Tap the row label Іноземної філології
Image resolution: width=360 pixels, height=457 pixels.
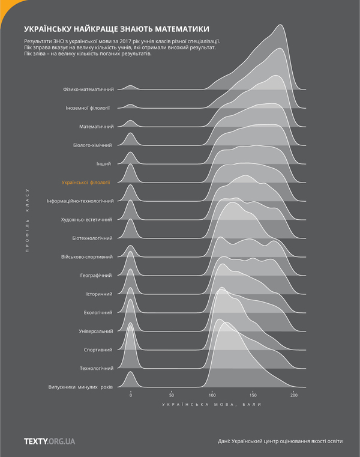(88, 108)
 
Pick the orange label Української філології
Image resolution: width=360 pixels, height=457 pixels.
(90, 182)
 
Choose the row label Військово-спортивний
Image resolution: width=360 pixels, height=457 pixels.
(86, 256)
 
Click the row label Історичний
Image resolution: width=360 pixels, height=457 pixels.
(100, 294)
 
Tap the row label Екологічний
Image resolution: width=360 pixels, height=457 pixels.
(98, 312)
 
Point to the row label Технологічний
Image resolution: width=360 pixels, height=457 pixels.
(96, 368)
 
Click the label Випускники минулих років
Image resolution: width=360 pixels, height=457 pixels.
(80, 387)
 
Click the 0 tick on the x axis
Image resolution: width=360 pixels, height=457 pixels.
(130, 395)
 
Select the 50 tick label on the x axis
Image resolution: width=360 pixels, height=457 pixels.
(171, 395)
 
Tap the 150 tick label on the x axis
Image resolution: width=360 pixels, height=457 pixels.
(253, 395)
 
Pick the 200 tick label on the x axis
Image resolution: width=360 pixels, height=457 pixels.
(294, 395)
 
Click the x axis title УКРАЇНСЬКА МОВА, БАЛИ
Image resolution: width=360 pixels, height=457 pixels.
(211, 405)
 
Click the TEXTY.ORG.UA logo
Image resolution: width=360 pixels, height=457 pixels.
(49, 441)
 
